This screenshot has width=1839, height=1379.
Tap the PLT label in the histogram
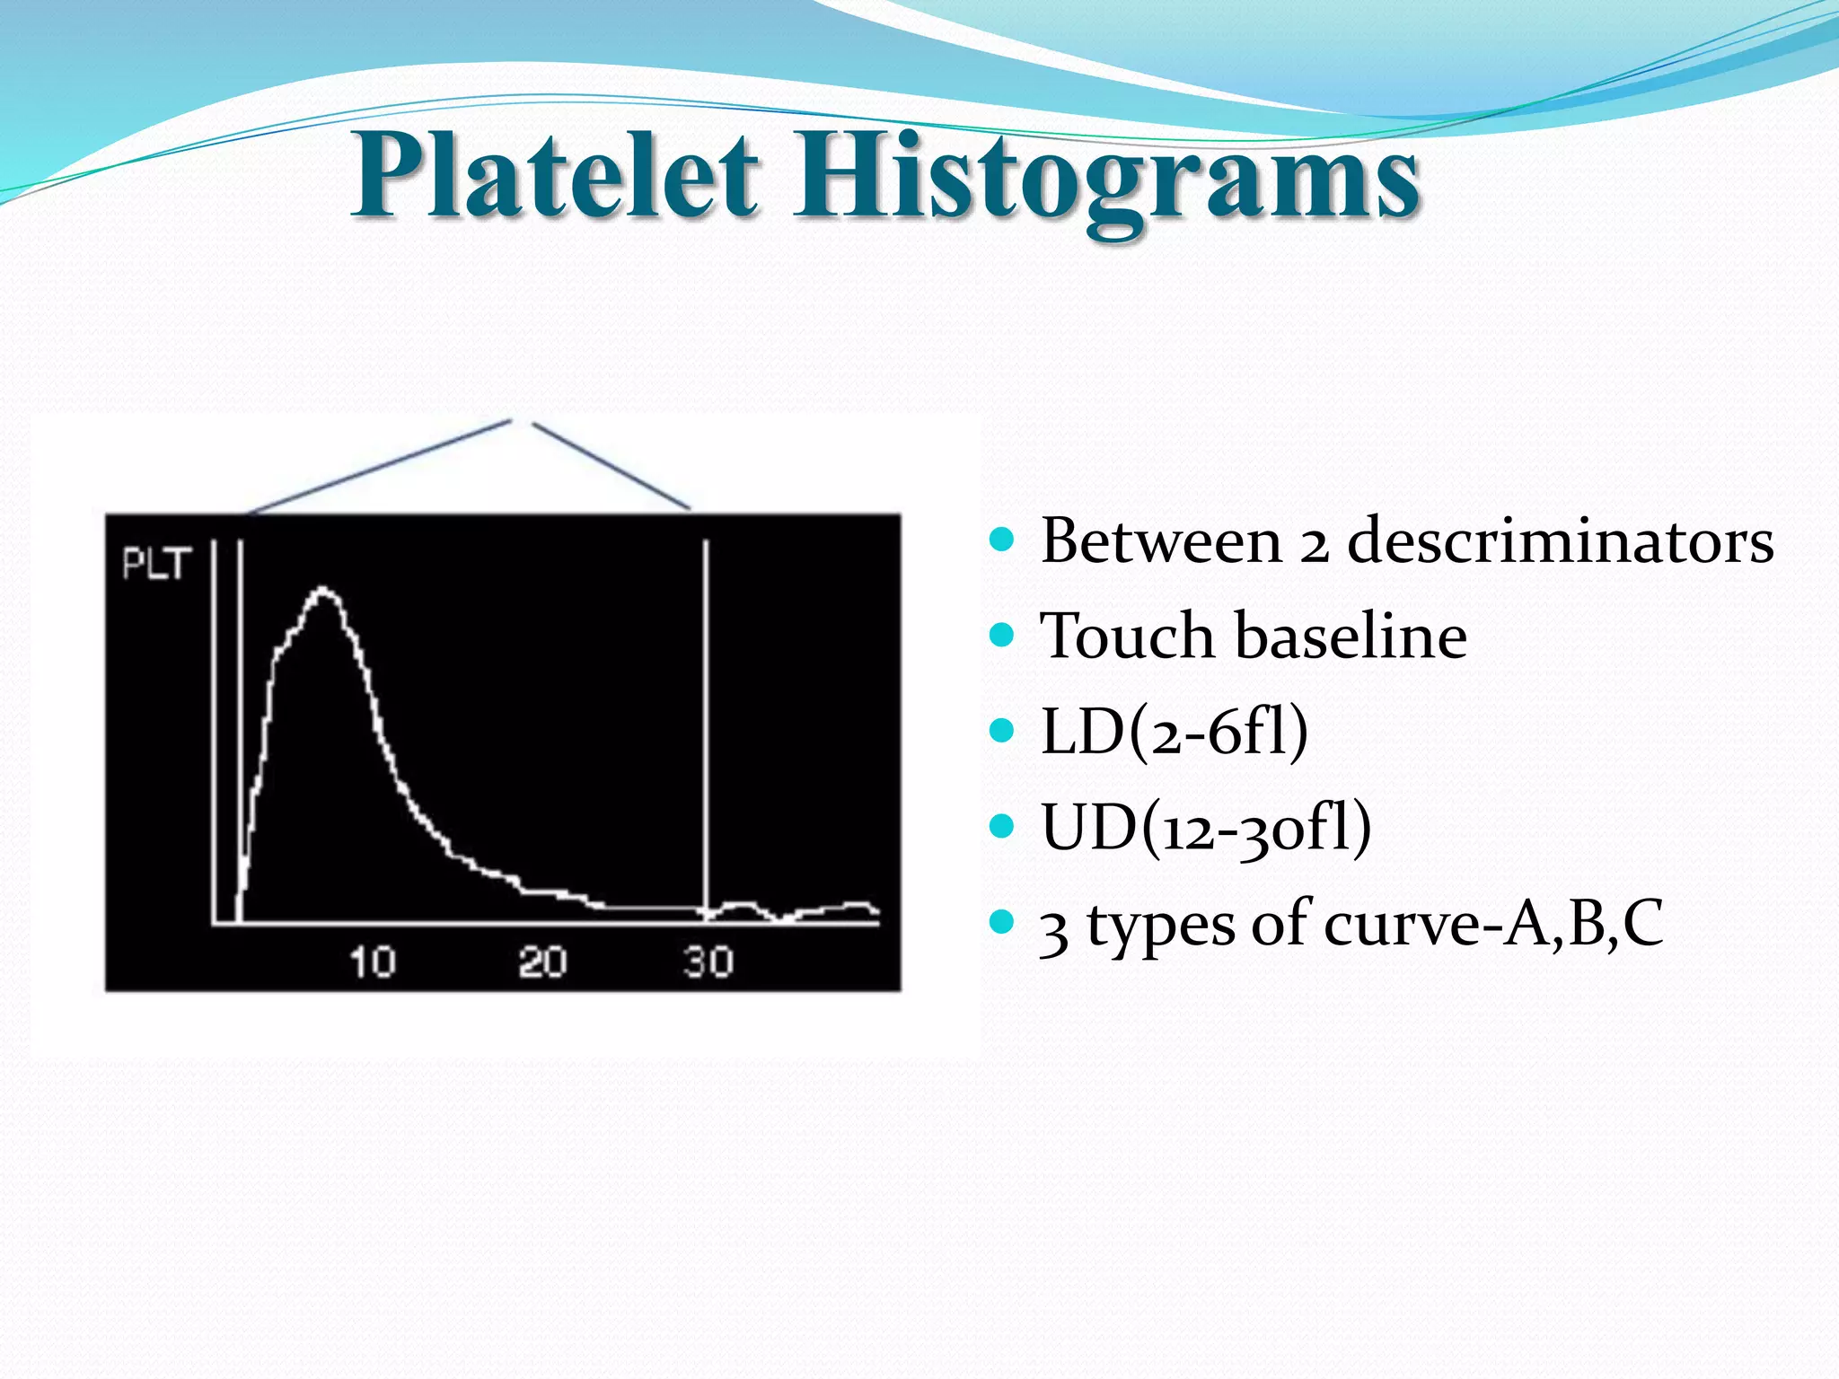pos(156,565)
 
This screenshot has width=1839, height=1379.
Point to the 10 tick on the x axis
pos(372,962)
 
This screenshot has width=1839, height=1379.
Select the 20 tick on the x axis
pos(541,962)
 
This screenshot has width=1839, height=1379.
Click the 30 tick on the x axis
pos(708,962)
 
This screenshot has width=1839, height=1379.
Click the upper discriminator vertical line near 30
pos(707,718)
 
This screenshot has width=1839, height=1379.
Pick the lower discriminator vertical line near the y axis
pos(241,718)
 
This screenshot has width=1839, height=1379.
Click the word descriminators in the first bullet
pos(1560,541)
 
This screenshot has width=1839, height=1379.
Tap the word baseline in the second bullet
pos(1351,637)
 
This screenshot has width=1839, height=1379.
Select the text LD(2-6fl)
pos(1173,731)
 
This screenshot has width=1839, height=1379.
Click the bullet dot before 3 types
pos(1001,921)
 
